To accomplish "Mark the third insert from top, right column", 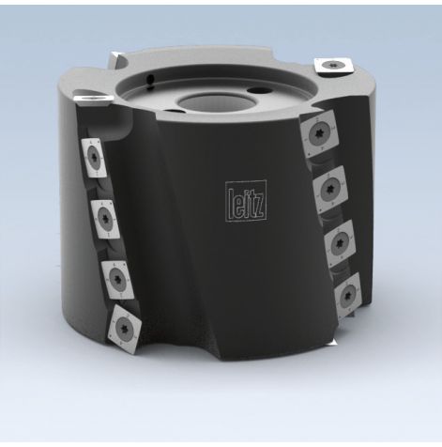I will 339,241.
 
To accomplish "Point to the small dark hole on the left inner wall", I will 150,77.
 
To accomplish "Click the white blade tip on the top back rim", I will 113,53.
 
